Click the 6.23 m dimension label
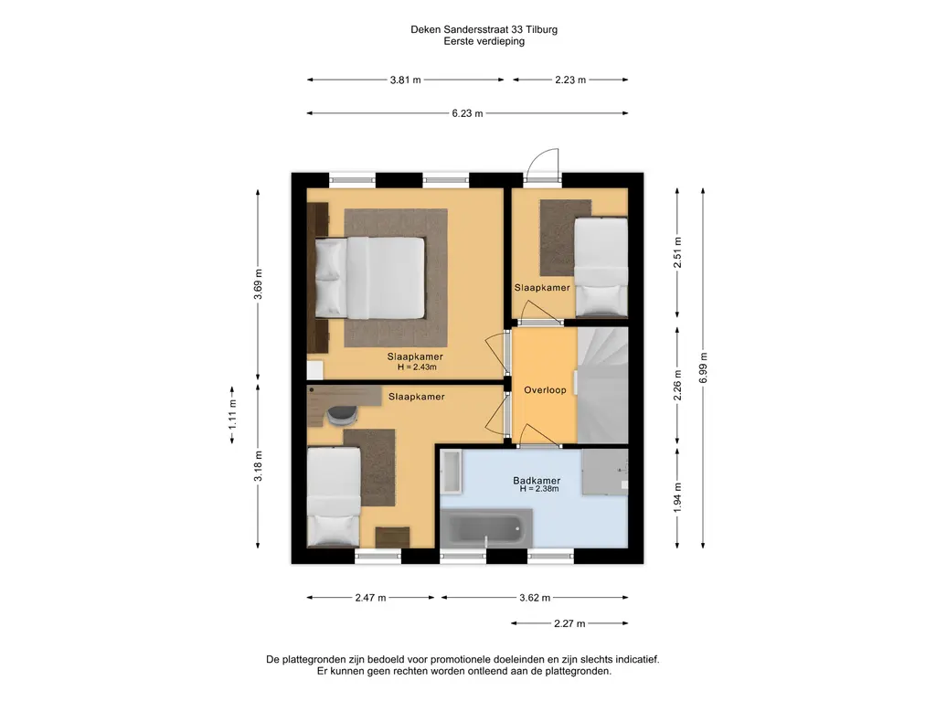467,113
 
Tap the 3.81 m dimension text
405,80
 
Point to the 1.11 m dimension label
233,414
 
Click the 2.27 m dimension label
569,623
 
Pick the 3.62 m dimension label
534,598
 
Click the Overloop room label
545,390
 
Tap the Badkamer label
537,480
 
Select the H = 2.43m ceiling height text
417,367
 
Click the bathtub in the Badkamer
486,527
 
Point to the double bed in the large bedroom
370,278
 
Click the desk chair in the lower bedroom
342,415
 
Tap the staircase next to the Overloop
602,385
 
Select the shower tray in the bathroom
605,473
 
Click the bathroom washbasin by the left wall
451,472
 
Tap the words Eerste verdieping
484,41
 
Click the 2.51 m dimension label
677,253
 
